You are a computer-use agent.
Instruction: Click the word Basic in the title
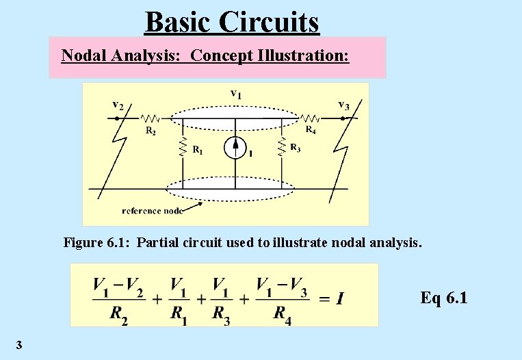pos(179,22)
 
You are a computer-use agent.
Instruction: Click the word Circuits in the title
pos(270,22)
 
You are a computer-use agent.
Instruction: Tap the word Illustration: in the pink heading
pos(304,55)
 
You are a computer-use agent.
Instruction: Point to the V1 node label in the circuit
pos(235,93)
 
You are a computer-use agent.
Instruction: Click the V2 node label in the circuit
pos(118,105)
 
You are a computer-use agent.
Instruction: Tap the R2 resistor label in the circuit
pos(150,131)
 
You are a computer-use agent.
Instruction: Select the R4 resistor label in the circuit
pos(310,129)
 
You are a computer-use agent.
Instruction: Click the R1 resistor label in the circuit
pos(196,149)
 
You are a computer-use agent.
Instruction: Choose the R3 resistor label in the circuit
pos(295,147)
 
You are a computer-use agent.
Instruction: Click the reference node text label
pos(152,210)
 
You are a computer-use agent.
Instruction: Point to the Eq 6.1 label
pos(444,298)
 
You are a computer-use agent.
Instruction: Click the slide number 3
pos(18,344)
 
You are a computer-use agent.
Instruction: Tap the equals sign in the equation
pos(324,298)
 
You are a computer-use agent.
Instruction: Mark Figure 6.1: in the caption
pos(95,242)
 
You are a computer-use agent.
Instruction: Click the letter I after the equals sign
pos(340,298)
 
